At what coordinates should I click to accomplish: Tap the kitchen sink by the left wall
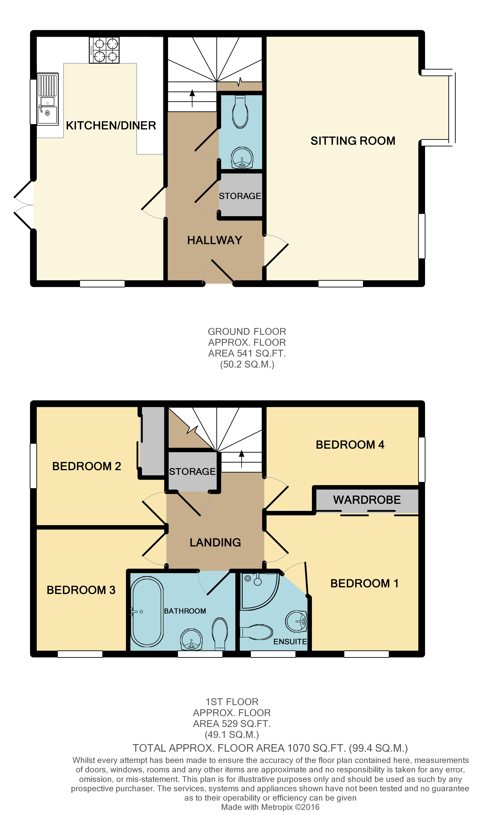(48, 99)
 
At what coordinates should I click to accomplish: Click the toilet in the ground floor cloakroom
(240, 111)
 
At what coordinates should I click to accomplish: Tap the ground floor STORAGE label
(240, 196)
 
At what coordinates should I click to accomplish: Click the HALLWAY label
(215, 240)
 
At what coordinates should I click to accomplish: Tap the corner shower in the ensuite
(260, 591)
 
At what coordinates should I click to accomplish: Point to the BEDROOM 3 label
(81, 590)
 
